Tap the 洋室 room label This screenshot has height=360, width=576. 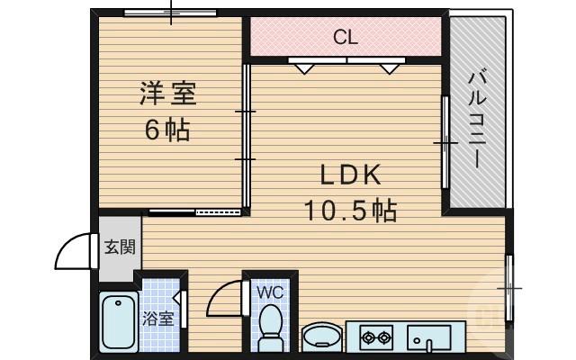[x=168, y=93]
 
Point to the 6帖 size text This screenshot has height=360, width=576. [x=167, y=130]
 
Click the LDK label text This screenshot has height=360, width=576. [x=346, y=174]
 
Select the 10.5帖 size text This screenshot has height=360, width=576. [x=349, y=211]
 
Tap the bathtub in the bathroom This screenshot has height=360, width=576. [x=118, y=322]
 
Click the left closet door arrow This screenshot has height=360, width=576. [x=302, y=66]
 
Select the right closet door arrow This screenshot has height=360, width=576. [x=391, y=66]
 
